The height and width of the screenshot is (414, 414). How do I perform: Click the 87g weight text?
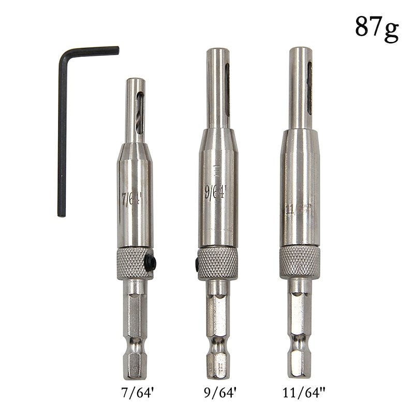(376, 26)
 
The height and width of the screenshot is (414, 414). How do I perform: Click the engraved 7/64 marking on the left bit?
(132, 199)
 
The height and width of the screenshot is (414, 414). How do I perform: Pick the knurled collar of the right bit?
(300, 262)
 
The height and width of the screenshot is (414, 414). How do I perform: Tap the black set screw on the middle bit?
(198, 264)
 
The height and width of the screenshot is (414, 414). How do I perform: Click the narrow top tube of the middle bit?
(217, 88)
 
